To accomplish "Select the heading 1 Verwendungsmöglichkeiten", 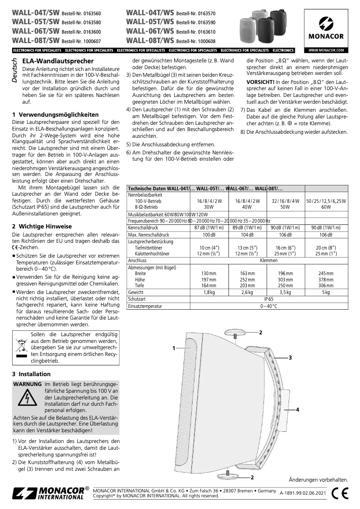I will (x=55, y=114).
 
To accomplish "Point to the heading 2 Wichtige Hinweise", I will (x=41, y=228).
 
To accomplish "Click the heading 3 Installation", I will (x=31, y=374).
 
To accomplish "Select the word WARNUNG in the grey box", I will (x=27, y=385).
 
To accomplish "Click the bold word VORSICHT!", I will (x=260, y=82).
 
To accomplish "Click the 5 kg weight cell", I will (x=325, y=292).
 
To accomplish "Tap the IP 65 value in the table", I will (x=268, y=298).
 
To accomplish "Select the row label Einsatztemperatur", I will (x=145, y=306).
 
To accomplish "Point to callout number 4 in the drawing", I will (x=298, y=410).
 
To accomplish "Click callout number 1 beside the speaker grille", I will (x=173, y=348).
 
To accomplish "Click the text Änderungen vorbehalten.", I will (x=318, y=480).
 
